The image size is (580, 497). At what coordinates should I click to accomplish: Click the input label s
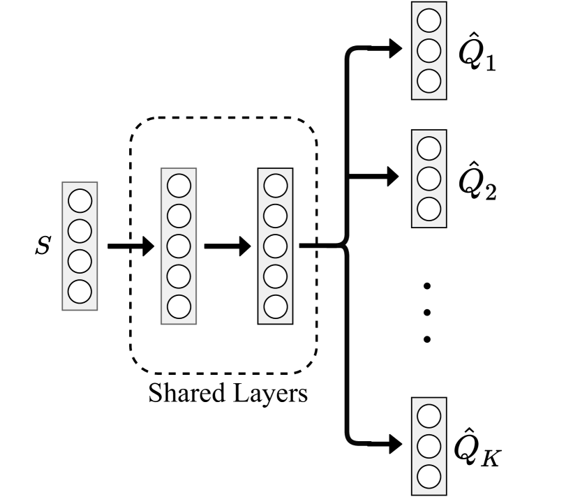click(x=43, y=246)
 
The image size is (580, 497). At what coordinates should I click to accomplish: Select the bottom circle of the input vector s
click(x=80, y=290)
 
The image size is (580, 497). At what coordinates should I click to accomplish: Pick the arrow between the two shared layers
click(x=227, y=246)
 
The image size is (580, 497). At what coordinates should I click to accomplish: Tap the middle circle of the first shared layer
click(x=179, y=246)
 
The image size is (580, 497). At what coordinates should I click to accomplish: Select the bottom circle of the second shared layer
click(x=276, y=305)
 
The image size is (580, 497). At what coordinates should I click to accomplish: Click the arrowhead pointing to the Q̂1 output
click(x=396, y=48)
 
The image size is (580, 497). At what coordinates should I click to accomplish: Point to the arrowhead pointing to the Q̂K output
click(x=396, y=443)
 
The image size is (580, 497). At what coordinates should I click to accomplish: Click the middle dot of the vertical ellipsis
click(x=428, y=312)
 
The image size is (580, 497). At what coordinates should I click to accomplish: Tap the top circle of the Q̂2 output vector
click(x=429, y=148)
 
